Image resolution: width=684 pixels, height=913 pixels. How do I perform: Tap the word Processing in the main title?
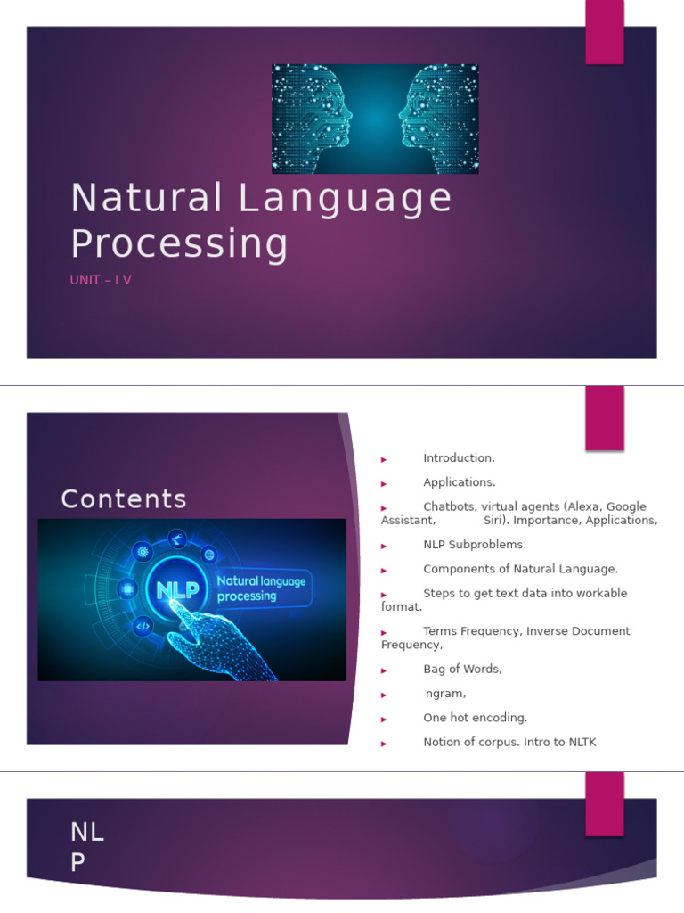180,243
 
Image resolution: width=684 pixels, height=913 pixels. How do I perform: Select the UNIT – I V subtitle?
101,280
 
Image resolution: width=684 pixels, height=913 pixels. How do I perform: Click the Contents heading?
124,499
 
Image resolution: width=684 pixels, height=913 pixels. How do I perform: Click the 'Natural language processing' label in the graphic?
261,588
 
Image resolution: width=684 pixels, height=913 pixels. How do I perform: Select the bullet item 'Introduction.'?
459,458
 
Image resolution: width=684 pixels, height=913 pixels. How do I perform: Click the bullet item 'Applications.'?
459,482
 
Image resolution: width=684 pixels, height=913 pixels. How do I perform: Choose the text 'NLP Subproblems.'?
475,545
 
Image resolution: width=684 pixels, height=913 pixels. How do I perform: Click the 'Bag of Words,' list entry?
462,669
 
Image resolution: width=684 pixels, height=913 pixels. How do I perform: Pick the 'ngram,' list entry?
445,694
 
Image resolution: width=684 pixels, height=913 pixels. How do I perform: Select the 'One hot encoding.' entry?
475,718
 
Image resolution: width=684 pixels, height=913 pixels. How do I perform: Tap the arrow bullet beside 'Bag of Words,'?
384,670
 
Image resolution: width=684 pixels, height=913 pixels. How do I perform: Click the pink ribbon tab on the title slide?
604,32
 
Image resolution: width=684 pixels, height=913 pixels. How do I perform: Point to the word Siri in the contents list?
493,521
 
